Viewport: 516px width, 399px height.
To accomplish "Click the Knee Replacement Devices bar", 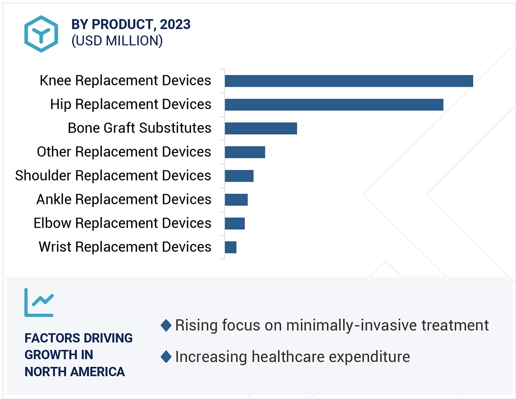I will coord(348,81).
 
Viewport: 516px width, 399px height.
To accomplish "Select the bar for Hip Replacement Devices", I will coord(334,105).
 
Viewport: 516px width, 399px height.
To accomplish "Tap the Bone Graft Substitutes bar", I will coord(261,128).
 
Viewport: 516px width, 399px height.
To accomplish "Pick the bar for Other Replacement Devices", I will coord(245,152).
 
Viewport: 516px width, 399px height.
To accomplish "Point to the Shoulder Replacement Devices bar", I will coord(239,176).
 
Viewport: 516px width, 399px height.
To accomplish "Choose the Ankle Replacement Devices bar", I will coord(236,200).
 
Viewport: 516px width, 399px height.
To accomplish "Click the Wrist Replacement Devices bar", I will coord(231,248).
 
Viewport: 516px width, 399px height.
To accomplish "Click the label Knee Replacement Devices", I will coord(125,81).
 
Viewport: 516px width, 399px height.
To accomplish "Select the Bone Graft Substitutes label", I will coord(139,128).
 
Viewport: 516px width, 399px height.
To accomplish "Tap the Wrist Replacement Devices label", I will coord(125,247).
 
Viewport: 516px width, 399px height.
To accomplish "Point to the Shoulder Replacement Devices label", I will coord(113,176).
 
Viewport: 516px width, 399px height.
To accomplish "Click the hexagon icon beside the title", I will coord(41,34).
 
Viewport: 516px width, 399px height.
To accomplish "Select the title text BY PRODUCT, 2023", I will coord(131,25).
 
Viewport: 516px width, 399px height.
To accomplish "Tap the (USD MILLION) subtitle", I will coord(117,41).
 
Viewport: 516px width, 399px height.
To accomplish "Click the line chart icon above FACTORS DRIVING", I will coord(39,302).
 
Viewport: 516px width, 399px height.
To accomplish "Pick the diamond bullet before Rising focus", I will coord(166,326).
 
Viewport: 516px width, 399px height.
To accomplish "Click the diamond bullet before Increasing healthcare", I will coord(166,357).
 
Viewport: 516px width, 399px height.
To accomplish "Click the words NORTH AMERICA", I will coord(75,372).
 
